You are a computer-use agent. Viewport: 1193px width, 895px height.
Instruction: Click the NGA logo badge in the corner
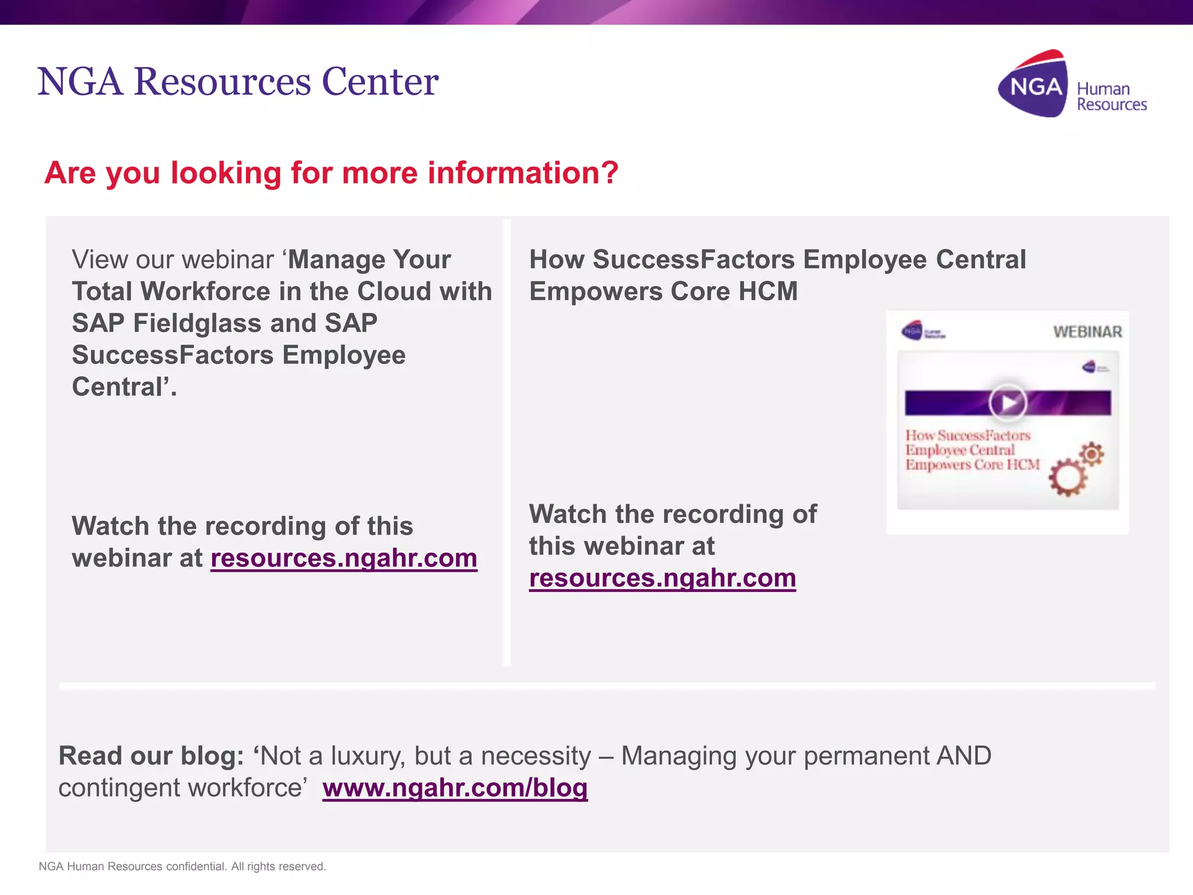tap(1034, 86)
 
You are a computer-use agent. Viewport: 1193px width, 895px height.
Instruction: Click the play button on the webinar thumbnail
tap(1008, 402)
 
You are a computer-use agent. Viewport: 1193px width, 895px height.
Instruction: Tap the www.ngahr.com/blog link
tap(455, 788)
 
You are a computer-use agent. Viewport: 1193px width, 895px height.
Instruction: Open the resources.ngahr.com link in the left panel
tap(344, 558)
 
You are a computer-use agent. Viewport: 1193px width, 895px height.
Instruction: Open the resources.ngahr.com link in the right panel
tap(662, 578)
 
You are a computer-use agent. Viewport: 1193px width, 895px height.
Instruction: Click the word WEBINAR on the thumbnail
tap(1087, 332)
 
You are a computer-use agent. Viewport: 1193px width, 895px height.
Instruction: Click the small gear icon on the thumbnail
tap(1092, 453)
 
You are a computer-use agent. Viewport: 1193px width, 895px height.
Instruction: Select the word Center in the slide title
tap(380, 82)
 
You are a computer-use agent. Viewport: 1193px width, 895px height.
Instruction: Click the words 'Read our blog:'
tap(151, 756)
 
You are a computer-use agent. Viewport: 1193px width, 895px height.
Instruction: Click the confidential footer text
tap(182, 866)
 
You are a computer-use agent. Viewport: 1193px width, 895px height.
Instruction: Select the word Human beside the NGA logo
tap(1103, 89)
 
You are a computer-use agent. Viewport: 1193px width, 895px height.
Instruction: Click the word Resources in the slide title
tap(223, 82)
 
